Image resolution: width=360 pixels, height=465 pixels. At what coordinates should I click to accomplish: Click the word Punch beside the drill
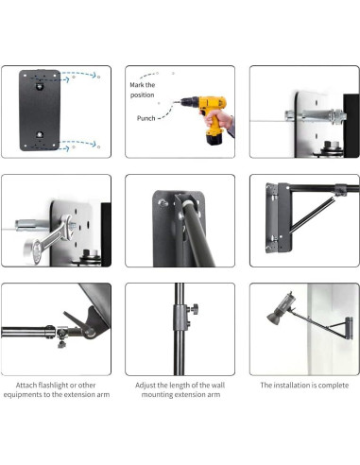pos(146,118)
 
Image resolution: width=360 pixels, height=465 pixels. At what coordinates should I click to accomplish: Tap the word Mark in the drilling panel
pos(140,84)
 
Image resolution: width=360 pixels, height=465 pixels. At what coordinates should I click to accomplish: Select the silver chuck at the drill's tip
pos(182,104)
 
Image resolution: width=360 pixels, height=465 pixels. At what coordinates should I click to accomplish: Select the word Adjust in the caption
pos(147,385)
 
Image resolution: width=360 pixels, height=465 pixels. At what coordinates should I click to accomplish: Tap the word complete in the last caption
pos(330,385)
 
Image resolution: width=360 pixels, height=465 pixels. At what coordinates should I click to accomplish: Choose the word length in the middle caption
pos(189,385)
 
